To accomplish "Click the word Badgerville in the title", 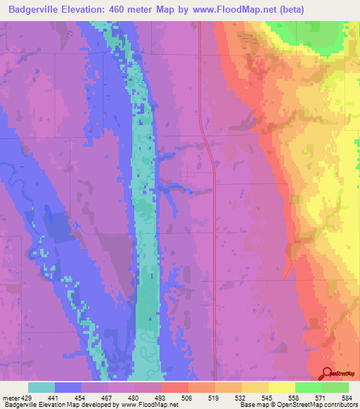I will click(39, 10).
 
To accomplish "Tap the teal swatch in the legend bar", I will click(41, 387).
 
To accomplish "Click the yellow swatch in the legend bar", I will click(281, 387).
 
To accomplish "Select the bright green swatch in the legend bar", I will click(308, 387).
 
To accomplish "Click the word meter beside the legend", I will click(10, 397).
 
